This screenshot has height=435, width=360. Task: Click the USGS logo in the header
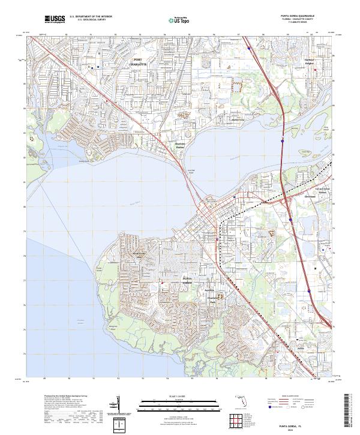click(x=55, y=19)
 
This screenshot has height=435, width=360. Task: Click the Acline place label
click(x=300, y=348)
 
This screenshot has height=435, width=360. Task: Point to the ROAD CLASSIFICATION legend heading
click(x=292, y=397)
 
